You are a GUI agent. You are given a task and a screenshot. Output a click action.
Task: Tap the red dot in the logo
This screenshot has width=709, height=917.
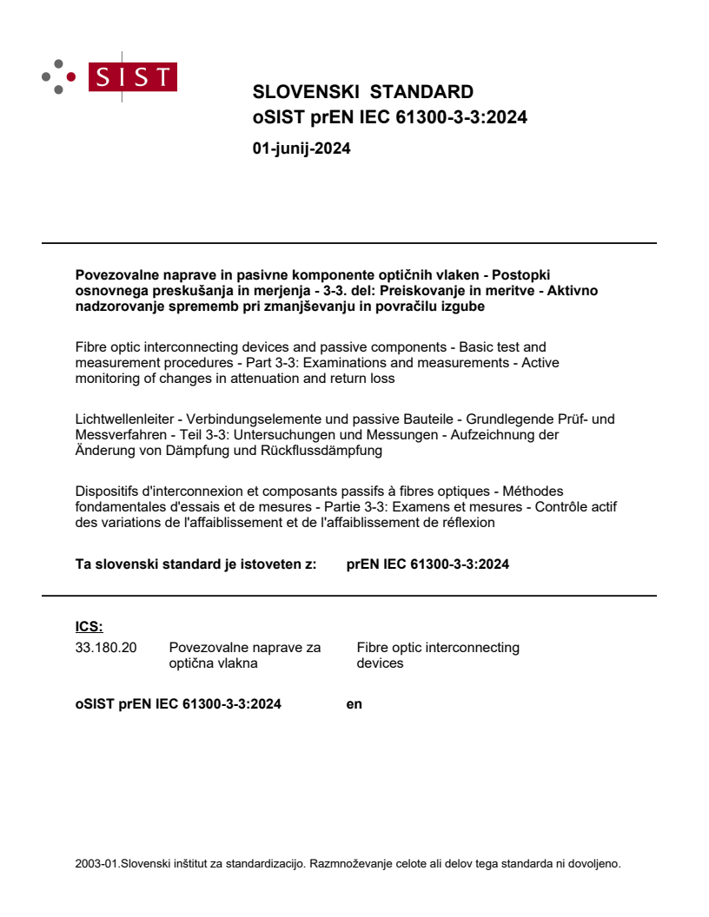[71, 76]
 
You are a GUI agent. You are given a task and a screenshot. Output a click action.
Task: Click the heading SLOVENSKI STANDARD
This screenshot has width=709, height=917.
[362, 92]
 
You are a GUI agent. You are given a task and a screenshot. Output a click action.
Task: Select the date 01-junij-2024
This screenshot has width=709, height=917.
[301, 148]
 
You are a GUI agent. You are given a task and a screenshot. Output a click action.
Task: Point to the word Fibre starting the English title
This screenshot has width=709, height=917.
[92, 346]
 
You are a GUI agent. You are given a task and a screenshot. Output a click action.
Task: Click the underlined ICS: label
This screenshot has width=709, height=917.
[89, 626]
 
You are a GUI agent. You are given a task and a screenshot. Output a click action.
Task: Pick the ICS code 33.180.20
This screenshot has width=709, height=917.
[106, 647]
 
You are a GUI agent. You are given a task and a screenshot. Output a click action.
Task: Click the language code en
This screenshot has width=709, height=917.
[354, 704]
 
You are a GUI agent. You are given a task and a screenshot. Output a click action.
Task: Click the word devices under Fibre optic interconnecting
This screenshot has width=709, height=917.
[380, 663]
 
